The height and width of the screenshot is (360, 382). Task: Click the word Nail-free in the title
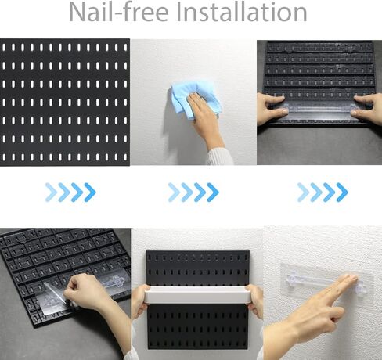point(119,12)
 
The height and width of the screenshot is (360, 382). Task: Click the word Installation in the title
point(242,12)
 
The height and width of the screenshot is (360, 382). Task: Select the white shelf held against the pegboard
point(196,294)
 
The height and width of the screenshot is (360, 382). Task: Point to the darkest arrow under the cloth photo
point(213,193)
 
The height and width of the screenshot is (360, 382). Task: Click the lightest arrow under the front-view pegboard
point(51,193)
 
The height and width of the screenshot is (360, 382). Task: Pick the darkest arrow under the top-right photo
point(342,193)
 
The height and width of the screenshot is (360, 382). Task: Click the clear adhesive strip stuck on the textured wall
point(326,283)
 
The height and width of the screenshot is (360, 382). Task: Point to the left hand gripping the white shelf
point(139,300)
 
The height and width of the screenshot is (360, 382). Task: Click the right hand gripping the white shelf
point(254,300)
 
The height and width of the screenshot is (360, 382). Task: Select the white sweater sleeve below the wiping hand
point(221,157)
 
